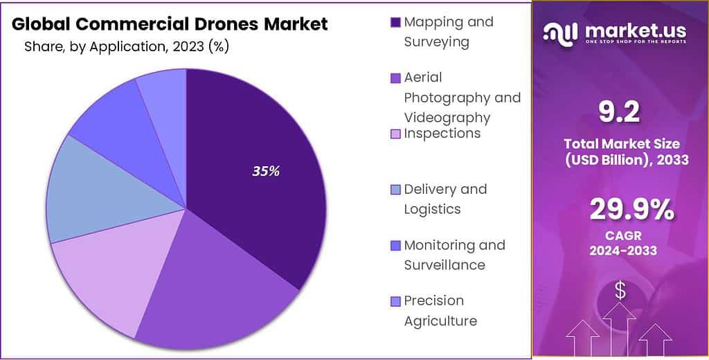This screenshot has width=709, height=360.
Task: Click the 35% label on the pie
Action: (x=266, y=171)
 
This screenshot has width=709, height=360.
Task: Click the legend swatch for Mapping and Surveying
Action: (x=395, y=22)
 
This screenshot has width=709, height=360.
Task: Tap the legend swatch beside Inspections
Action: (x=395, y=134)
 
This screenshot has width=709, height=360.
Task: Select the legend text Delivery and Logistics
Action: (x=445, y=199)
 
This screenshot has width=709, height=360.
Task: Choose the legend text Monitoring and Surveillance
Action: (x=454, y=255)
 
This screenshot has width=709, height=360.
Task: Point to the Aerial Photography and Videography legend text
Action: (x=462, y=97)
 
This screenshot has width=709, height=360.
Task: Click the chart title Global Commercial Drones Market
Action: (x=170, y=24)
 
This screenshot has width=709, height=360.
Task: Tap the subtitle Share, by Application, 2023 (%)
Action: (x=127, y=46)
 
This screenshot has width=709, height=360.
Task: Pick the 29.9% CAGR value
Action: (x=631, y=210)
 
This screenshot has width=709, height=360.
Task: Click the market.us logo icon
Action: (x=560, y=32)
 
